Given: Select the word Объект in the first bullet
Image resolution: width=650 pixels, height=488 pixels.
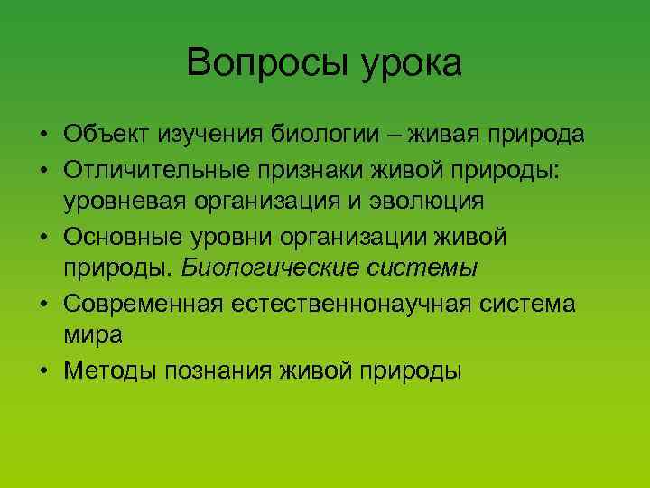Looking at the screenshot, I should pyautogui.click(x=107, y=135).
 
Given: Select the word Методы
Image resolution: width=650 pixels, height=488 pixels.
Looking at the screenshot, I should pyautogui.click(x=106, y=370).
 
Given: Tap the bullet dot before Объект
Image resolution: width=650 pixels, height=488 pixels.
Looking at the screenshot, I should pyautogui.click(x=43, y=136).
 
